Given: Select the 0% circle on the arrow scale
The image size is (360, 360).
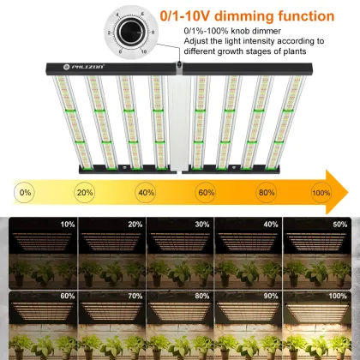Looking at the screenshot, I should [x=25, y=193].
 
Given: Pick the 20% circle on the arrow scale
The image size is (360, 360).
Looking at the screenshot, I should [x=85, y=193].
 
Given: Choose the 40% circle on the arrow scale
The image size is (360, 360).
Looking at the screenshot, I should [x=146, y=193].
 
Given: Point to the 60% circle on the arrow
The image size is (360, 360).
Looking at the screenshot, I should [x=207, y=193].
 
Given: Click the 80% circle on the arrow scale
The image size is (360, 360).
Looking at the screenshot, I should [x=267, y=193].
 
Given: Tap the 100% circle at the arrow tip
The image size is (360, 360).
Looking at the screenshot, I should [x=321, y=193].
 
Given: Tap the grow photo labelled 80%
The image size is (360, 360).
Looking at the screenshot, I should [x=180, y=324].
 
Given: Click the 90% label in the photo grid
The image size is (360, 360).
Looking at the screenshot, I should [x=271, y=297].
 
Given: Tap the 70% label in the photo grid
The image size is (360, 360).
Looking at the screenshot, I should [x=135, y=297].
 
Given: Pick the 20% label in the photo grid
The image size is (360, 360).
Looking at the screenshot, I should [x=135, y=225].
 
